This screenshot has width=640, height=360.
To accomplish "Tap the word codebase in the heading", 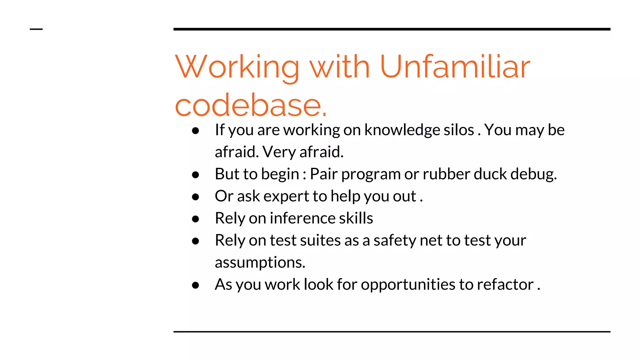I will (x=251, y=106).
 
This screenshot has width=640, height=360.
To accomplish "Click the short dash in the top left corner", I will (x=36, y=29).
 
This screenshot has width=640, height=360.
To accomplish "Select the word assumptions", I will (x=260, y=262).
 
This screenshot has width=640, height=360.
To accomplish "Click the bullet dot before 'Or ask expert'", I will (x=196, y=197).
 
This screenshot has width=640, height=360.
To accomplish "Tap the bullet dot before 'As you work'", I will (x=196, y=285).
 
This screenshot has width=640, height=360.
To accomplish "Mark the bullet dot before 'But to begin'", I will (x=196, y=175).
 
